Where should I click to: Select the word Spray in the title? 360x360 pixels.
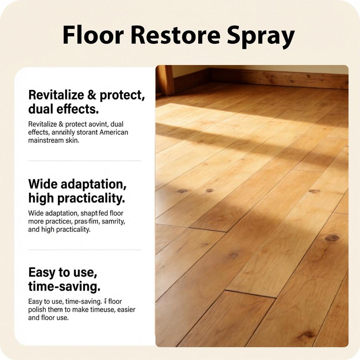pos(261,36)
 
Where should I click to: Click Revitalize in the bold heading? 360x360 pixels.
pos(56,95)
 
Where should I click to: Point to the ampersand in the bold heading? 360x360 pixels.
pos(92,95)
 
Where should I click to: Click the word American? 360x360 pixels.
pos(114,132)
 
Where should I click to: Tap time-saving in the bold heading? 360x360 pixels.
pos(64,287)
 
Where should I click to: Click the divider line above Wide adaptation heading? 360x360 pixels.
pos(84,161)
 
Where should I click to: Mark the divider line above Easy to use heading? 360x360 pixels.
pos(84,250)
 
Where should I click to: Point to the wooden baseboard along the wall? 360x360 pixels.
pos(278,78)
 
